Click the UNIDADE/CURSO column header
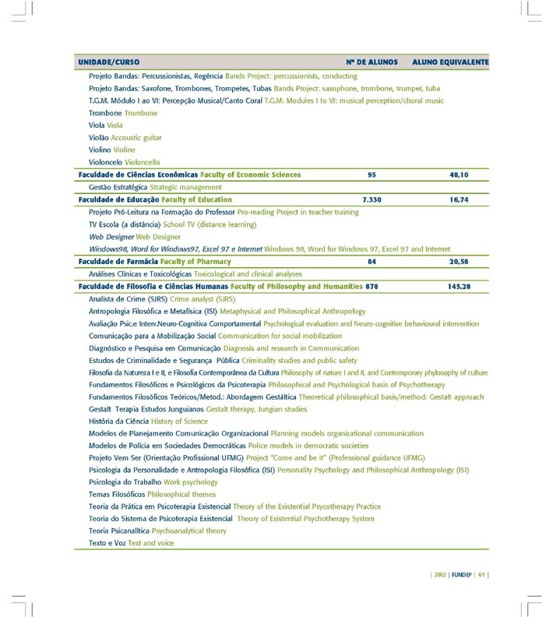pos(109,62)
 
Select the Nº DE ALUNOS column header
pos(372,62)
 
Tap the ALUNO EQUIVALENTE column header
pos(450,62)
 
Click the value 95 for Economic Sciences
pos(372,175)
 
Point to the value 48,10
pos(459,175)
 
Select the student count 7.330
pos(372,199)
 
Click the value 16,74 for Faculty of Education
pos(459,199)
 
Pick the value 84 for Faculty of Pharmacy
pos(372,262)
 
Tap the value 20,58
pos(459,262)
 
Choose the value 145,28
pos(459,287)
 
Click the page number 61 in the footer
pos(482,576)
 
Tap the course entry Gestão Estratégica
pos(118,187)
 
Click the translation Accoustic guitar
pos(136,137)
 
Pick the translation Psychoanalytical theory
pos(189,531)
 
